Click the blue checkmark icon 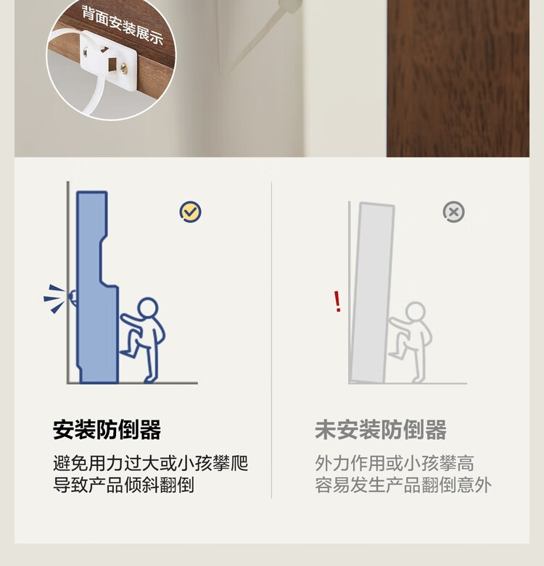tap(190, 212)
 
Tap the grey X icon tap(453, 212)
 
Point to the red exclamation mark tap(337, 301)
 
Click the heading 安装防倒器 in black tap(107, 430)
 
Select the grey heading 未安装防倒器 tap(381, 430)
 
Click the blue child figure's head tap(148, 308)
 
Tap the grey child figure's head tap(415, 312)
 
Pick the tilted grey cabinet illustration tap(372, 292)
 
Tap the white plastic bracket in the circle tap(108, 59)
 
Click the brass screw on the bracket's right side tap(124, 67)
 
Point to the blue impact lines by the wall tap(54, 299)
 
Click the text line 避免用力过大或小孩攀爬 tap(150, 463)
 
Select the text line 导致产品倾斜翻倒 tap(123, 485)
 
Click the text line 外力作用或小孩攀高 tap(395, 463)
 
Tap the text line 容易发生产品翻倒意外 tap(403, 485)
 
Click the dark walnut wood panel tap(458, 78)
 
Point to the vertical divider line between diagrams tap(272, 339)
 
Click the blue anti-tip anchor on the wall tap(73, 297)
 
